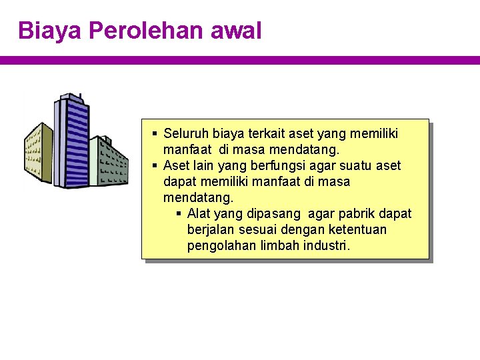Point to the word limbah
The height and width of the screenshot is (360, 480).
pyautogui.click(x=280, y=246)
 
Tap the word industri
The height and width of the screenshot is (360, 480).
pyautogui.click(x=326, y=246)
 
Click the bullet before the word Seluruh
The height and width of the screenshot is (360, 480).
pyautogui.click(x=155, y=134)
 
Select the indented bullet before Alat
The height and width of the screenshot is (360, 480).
pyautogui.click(x=179, y=214)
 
